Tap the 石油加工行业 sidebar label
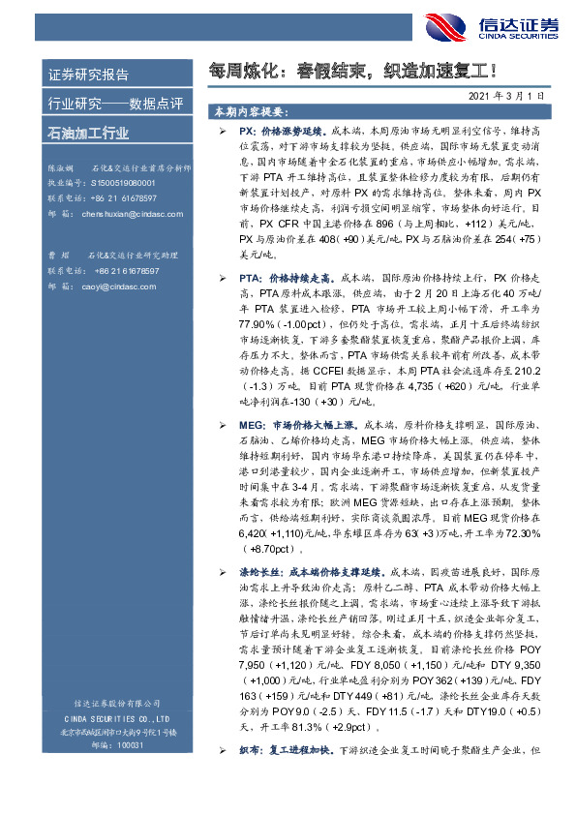[x=88, y=133]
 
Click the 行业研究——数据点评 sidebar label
[x=102, y=104]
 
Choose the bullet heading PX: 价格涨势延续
[x=280, y=129]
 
